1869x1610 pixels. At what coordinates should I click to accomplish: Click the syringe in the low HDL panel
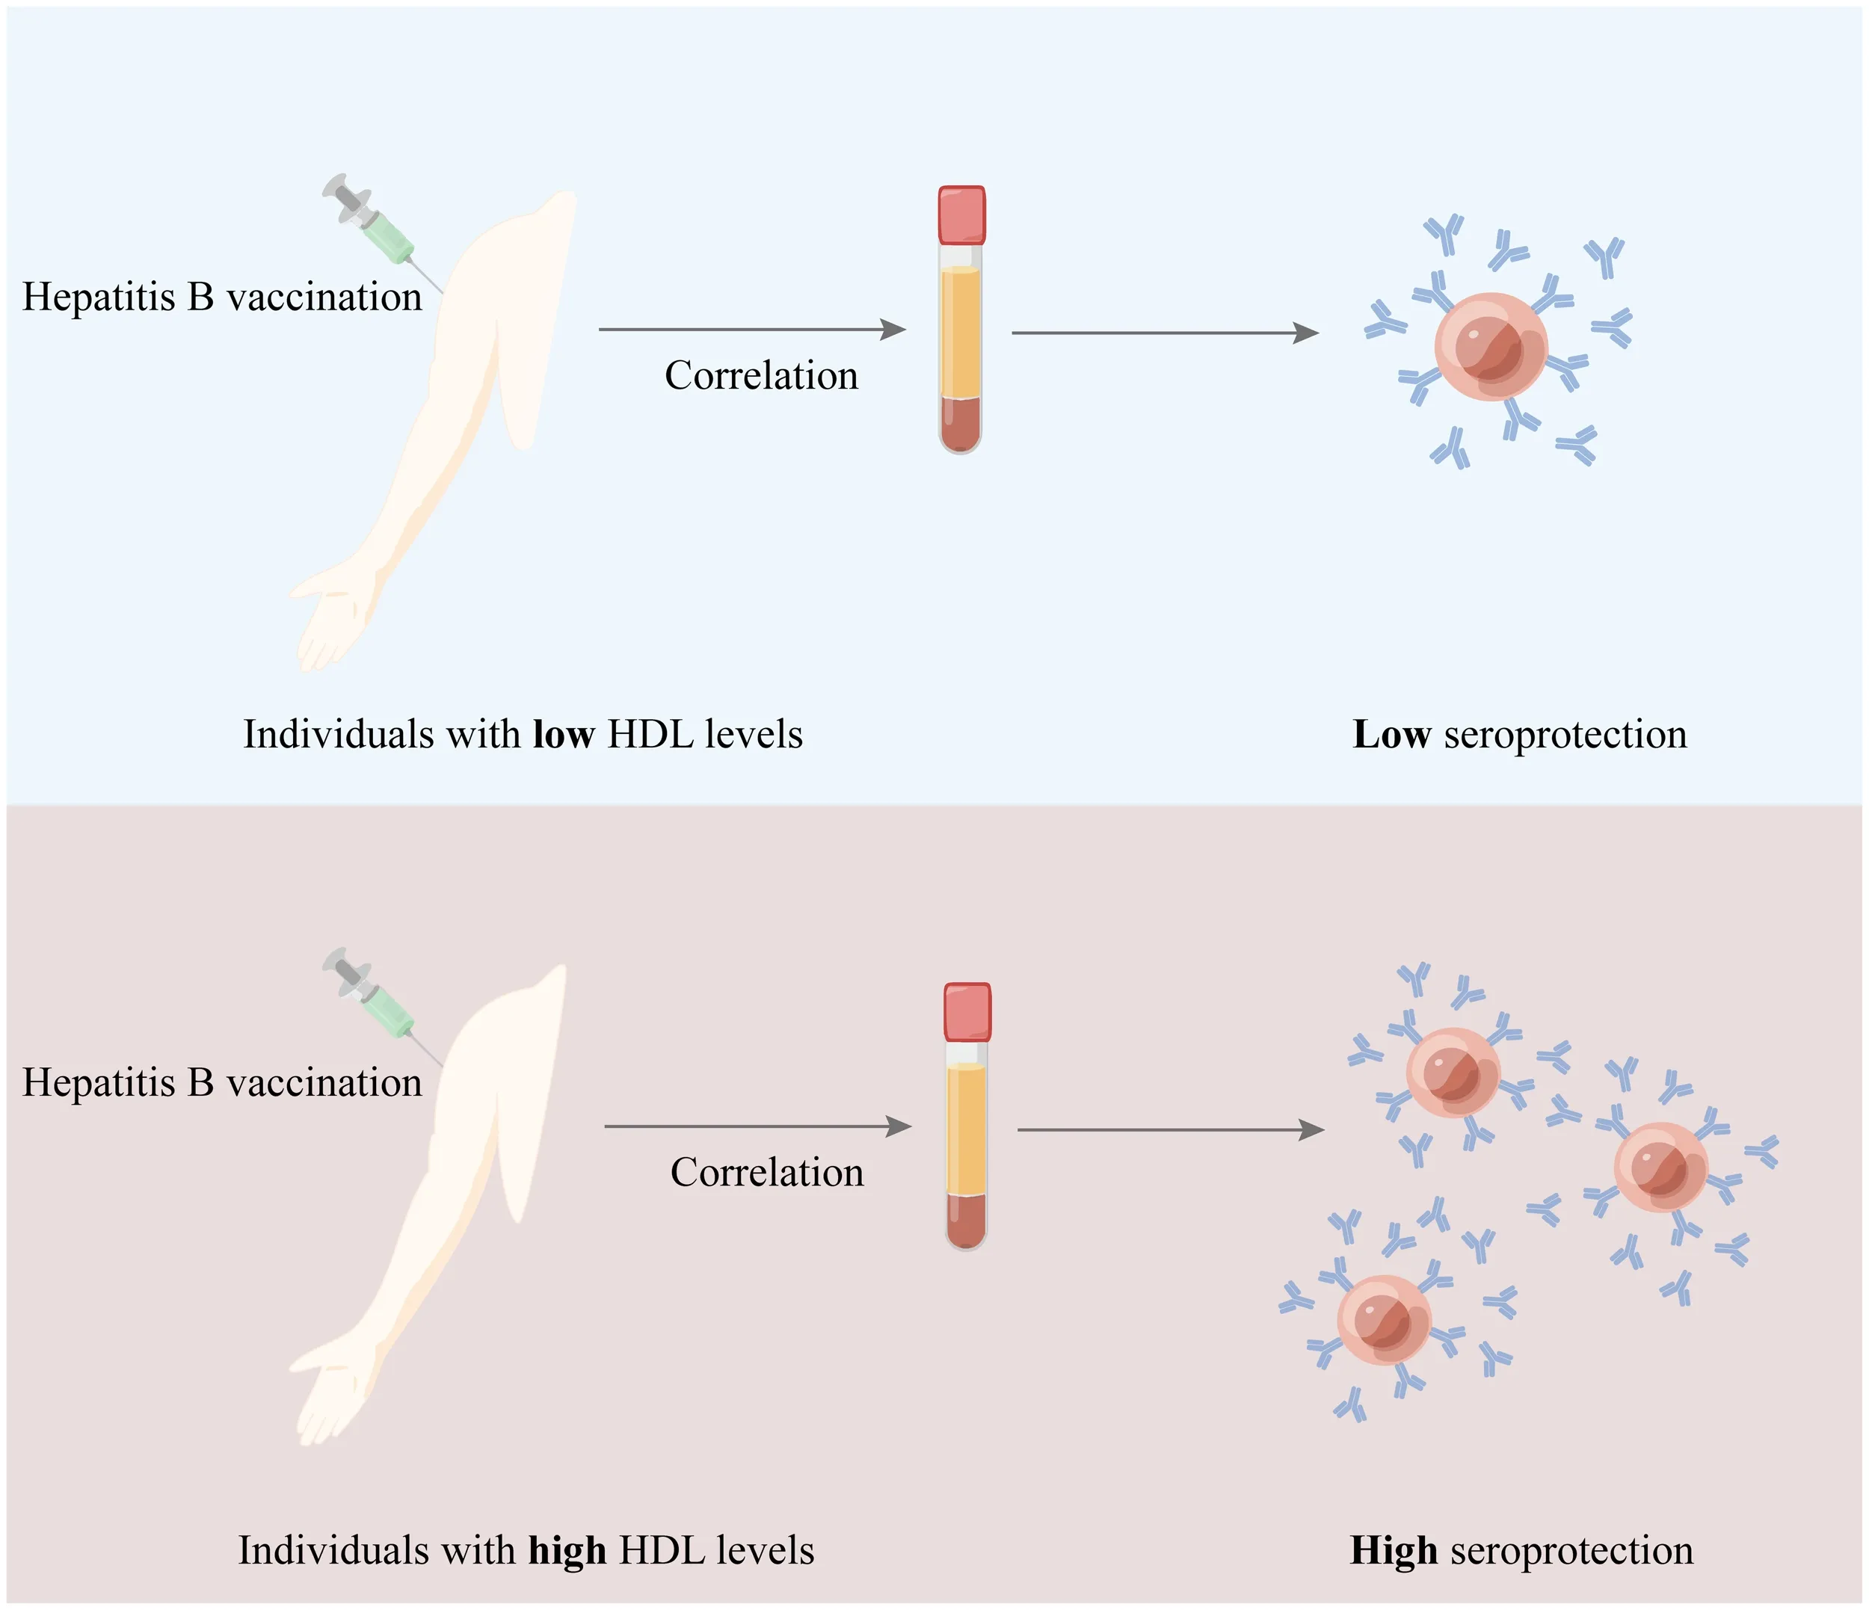pyautogui.click(x=379, y=229)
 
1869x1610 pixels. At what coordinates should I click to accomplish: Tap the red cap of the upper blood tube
pyautogui.click(x=961, y=215)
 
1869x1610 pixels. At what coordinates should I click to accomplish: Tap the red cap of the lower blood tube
pyautogui.click(x=967, y=1012)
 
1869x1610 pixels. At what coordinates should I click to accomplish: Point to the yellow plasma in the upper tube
pyautogui.click(x=961, y=332)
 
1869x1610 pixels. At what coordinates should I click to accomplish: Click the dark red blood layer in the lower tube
pyautogui.click(x=966, y=1219)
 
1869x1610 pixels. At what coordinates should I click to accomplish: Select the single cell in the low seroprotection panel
pyautogui.click(x=1491, y=345)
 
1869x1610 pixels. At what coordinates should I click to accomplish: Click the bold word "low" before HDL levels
pyautogui.click(x=564, y=734)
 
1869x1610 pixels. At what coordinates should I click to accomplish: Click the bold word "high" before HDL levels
pyautogui.click(x=567, y=1550)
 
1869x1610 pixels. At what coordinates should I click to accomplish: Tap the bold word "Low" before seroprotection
pyautogui.click(x=1391, y=734)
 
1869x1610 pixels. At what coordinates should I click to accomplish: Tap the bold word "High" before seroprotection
pyautogui.click(x=1394, y=1550)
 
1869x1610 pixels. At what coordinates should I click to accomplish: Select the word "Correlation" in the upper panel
pyautogui.click(x=761, y=375)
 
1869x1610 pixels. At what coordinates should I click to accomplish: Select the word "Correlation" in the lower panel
pyautogui.click(x=767, y=1173)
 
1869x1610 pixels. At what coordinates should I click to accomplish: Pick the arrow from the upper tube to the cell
pyautogui.click(x=1166, y=333)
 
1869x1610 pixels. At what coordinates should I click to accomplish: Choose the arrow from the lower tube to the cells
pyautogui.click(x=1171, y=1129)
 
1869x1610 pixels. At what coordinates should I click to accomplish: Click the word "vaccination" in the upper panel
pyautogui.click(x=324, y=297)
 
